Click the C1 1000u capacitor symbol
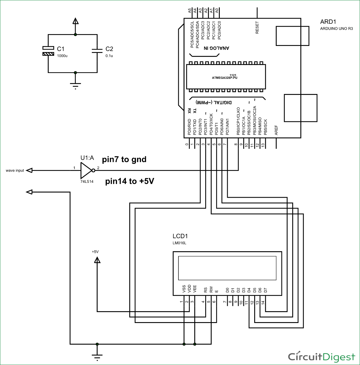coord(48,51)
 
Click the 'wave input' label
coord(15,171)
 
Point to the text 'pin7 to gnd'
coord(124,159)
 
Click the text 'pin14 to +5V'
coord(130,181)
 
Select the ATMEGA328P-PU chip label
coord(225,78)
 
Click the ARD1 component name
coord(328,22)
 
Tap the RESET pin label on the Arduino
coord(257,27)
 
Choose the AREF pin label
coord(276,130)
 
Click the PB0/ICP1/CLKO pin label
coord(238,121)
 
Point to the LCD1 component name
coord(180,236)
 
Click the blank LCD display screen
coord(227,268)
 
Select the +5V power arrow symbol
coord(97,260)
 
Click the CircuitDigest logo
coord(321,357)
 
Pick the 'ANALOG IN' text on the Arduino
coord(216,48)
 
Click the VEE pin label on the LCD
coord(195,289)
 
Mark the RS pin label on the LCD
coord(206,290)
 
